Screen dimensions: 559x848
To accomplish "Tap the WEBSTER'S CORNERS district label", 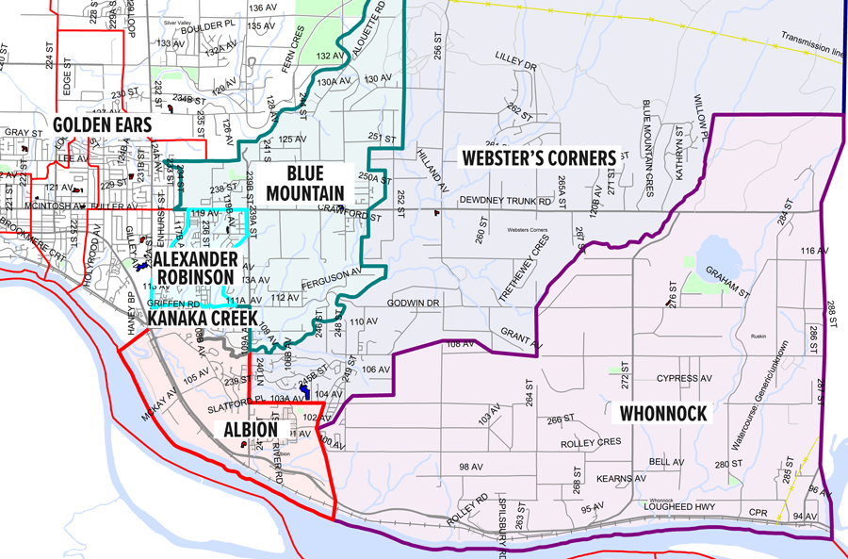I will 537,156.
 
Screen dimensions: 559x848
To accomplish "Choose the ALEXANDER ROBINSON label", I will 194,267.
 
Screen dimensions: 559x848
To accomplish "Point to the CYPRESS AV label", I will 684,378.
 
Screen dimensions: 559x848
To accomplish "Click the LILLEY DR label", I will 515,67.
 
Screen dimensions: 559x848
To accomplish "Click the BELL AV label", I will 666,462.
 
